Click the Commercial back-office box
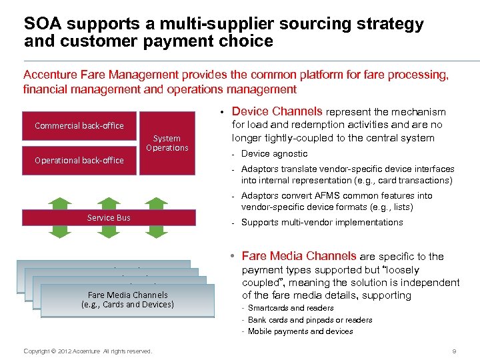coord(79,125)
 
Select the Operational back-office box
coord(79,160)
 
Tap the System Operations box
coord(167,143)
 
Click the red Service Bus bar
coord(109,217)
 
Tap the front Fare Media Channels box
coord(127,300)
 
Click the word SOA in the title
coord(44,24)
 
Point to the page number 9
coord(453,351)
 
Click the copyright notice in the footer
coord(87,351)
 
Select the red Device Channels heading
coord(277,111)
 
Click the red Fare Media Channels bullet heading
coord(299,256)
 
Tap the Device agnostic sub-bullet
coord(274,153)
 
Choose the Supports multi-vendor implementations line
coord(321,222)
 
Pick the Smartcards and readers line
coord(291,308)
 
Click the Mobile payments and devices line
coord(300,331)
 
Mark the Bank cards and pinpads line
coord(310,320)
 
